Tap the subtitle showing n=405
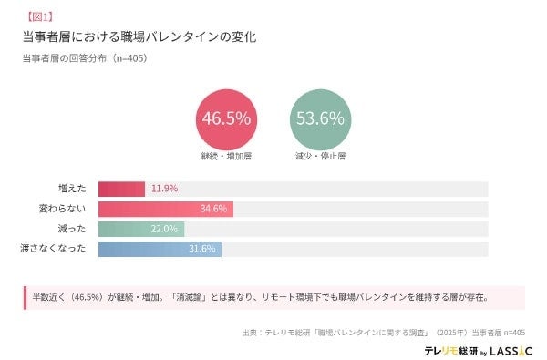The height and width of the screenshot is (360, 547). coord(85,57)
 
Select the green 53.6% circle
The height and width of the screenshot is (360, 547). coord(319,118)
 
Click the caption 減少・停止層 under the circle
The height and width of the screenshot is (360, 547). coord(319,156)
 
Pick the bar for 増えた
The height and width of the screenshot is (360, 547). coord(121,189)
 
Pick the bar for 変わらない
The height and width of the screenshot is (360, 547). coord(165,209)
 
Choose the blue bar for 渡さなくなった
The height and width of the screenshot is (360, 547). coord(160,249)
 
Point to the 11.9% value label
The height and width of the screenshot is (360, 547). coord(164,189)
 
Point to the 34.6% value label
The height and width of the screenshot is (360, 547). coord(213,209)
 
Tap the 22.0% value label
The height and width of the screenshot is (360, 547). coord(164,229)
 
